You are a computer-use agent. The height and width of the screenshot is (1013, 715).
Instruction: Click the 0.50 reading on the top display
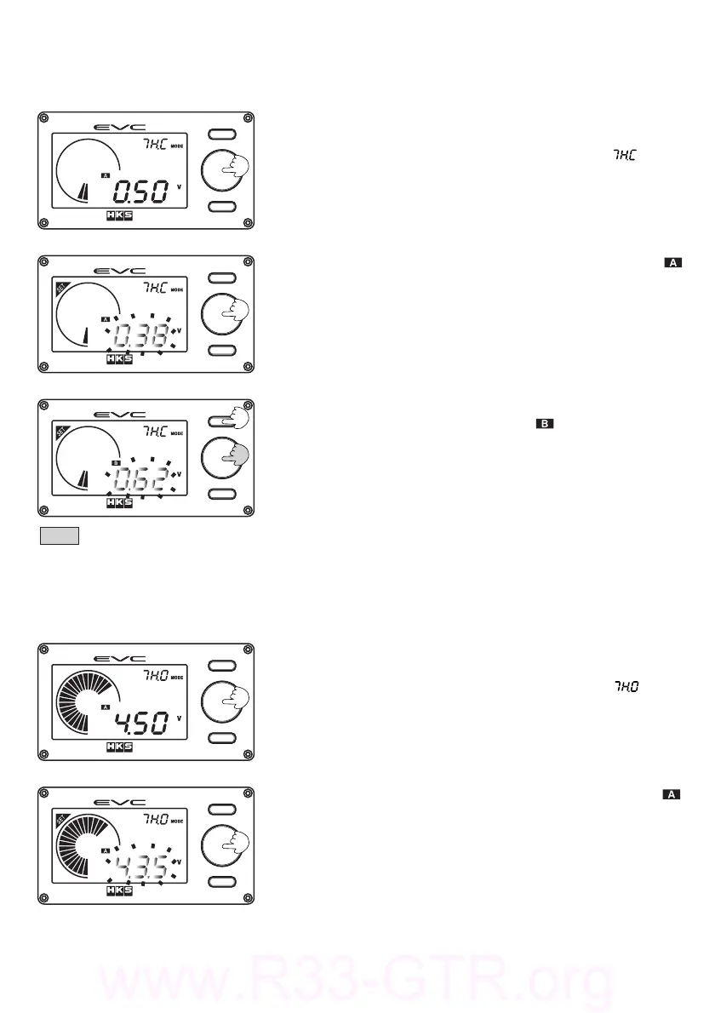[x=143, y=192]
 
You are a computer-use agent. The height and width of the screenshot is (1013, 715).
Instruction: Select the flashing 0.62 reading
[x=142, y=479]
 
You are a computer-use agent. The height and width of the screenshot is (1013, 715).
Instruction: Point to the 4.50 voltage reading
[x=142, y=724]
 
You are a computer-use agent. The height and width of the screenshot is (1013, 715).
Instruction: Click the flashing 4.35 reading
[x=142, y=867]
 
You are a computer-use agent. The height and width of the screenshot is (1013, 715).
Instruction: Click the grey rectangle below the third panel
[x=60, y=535]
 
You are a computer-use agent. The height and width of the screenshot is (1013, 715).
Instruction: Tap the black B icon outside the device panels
[x=545, y=423]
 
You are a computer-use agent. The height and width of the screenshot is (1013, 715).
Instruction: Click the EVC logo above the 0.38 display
[x=120, y=270]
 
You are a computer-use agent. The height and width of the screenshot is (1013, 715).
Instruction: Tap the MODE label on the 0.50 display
[x=177, y=146]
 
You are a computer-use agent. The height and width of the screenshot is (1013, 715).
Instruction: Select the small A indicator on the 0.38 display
[x=106, y=319]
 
